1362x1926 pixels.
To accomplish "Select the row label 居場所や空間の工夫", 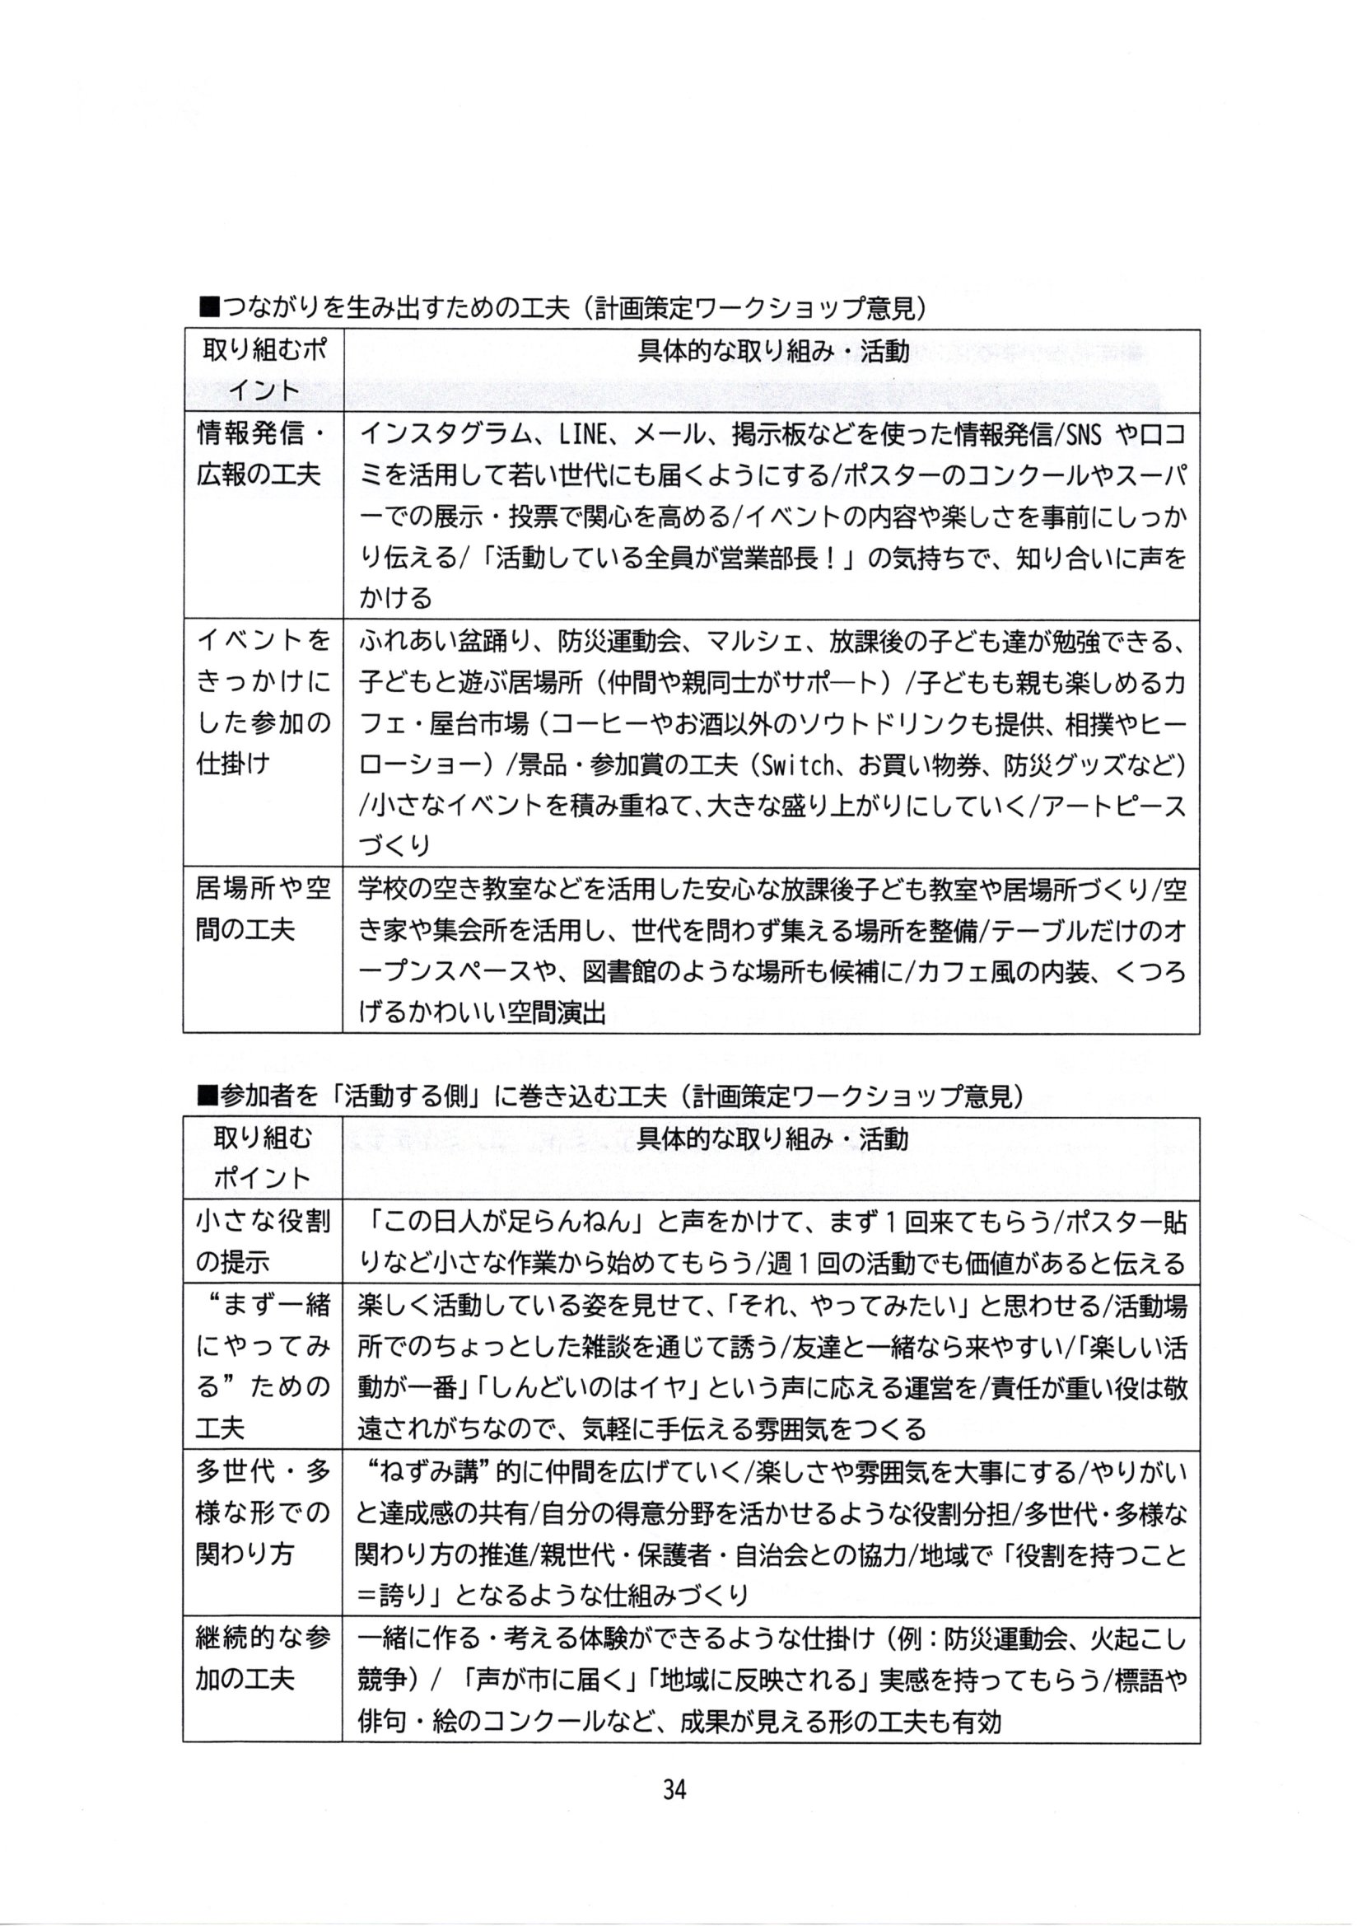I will pyautogui.click(x=263, y=909).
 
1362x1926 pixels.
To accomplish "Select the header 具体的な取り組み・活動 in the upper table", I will pyautogui.click(x=772, y=352).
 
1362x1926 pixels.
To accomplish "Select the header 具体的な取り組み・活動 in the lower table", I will pyautogui.click(x=772, y=1138).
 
